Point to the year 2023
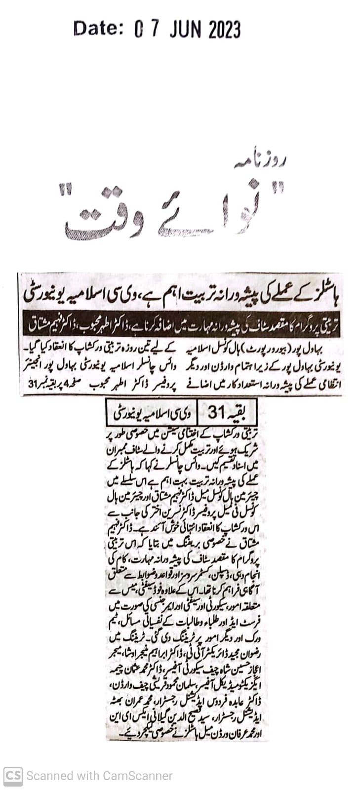coord(225,30)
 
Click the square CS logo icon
coord(13,776)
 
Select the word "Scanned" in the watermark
coord(46,776)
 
